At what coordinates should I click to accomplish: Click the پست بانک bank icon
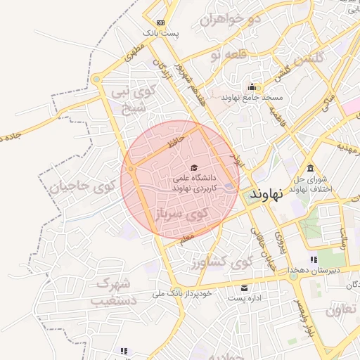[x=161, y=22]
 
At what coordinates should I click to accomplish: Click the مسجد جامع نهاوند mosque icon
[x=251, y=87]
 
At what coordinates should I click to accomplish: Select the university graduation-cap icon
[x=194, y=167]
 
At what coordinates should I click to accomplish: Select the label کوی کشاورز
[x=218, y=263]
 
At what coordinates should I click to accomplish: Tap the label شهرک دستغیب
[x=112, y=292]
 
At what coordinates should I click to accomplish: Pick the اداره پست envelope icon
[x=244, y=288]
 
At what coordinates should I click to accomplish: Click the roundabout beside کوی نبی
[x=96, y=79]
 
